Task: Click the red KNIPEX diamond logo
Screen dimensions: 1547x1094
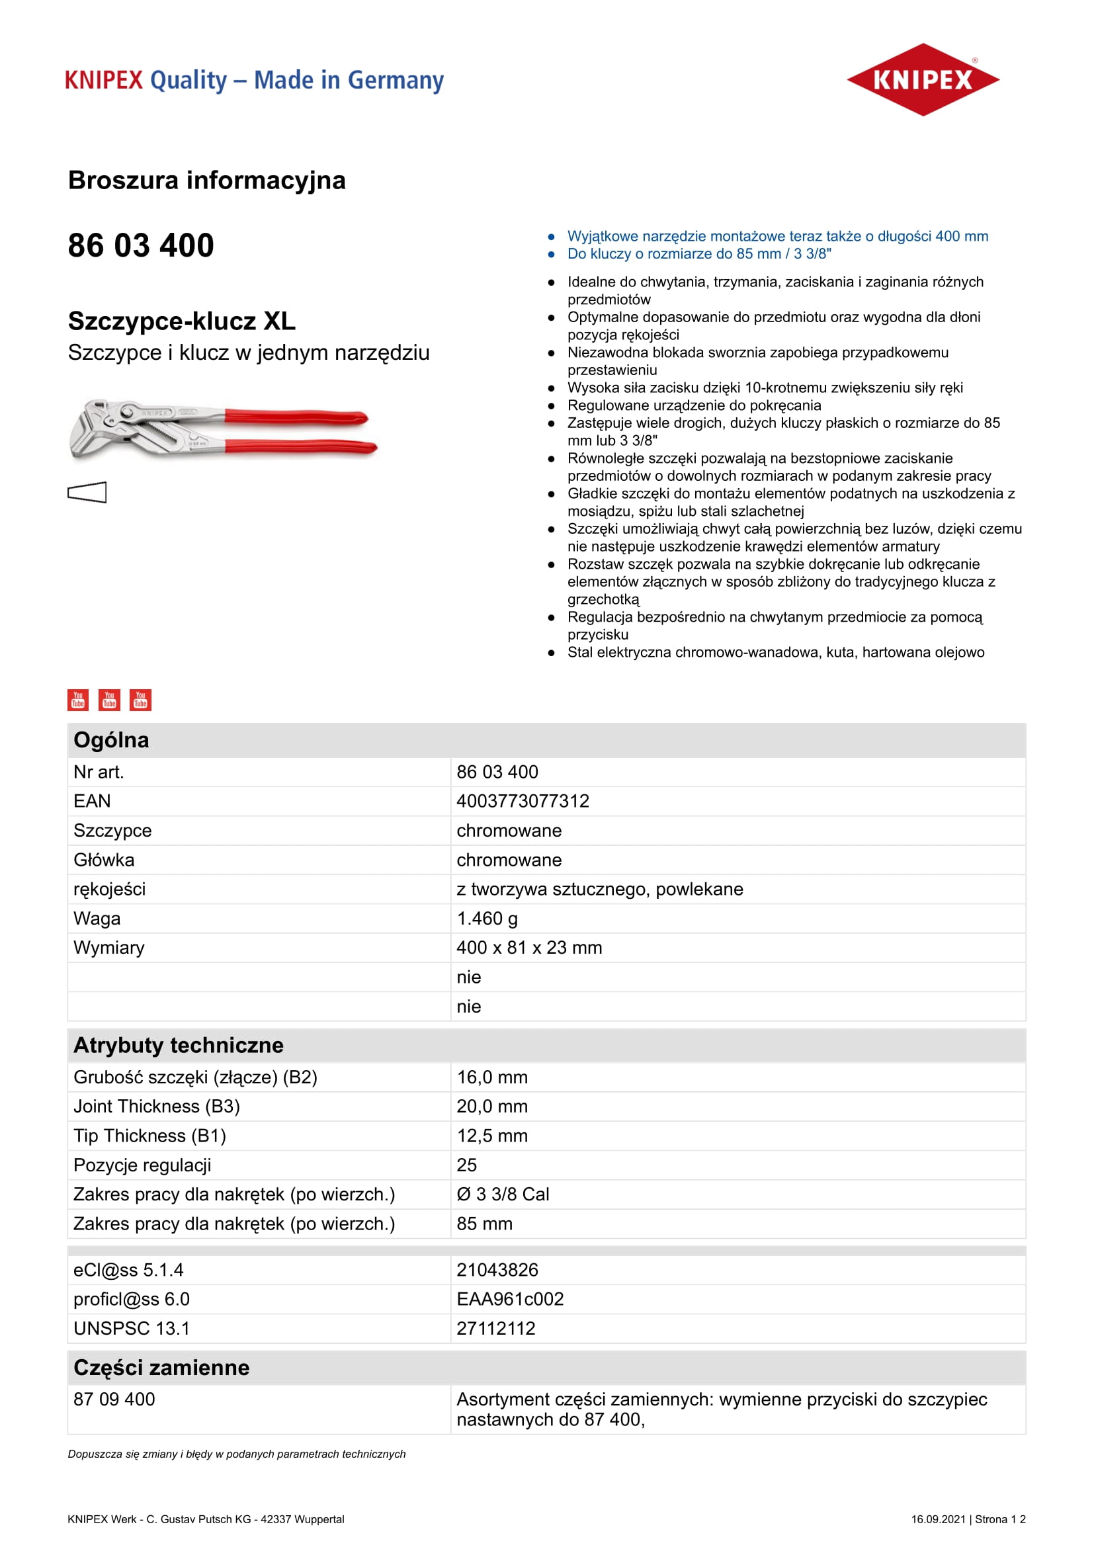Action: (x=922, y=79)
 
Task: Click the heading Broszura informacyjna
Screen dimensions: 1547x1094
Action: (x=207, y=181)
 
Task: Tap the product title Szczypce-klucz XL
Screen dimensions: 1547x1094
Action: (x=181, y=321)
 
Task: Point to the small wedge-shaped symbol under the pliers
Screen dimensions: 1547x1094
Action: (x=87, y=493)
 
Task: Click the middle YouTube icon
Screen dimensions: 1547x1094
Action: (x=109, y=699)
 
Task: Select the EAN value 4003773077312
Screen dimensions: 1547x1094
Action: (x=523, y=801)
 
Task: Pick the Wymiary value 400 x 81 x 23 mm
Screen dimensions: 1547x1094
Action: (x=529, y=947)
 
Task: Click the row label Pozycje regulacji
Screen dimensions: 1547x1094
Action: (x=142, y=1165)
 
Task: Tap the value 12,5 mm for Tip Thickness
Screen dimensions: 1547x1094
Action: (x=491, y=1136)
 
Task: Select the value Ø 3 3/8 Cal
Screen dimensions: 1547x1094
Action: (x=503, y=1194)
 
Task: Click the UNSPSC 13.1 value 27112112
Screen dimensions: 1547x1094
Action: (x=496, y=1328)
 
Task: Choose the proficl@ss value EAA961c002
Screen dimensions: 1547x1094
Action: (x=510, y=1299)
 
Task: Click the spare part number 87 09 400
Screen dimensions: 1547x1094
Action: (x=114, y=1400)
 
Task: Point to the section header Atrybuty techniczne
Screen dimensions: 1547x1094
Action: (x=179, y=1045)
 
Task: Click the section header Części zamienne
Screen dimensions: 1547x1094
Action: (x=161, y=1368)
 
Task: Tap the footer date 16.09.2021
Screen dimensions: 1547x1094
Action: (x=938, y=1519)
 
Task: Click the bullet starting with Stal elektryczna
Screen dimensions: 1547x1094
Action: (x=775, y=652)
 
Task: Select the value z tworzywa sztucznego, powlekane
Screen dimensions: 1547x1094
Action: (x=599, y=890)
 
